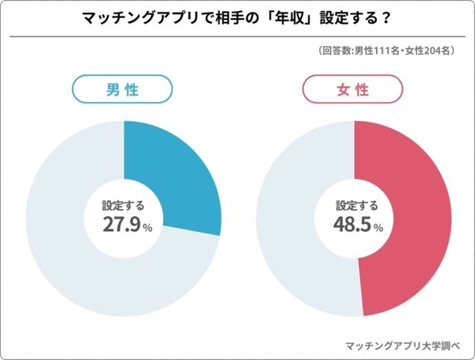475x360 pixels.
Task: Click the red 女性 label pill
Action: (x=354, y=90)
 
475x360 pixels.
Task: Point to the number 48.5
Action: (x=349, y=225)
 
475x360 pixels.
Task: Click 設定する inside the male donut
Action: (x=123, y=204)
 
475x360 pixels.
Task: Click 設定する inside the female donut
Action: (x=354, y=204)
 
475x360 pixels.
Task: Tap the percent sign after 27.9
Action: (x=148, y=228)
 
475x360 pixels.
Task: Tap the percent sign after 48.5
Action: (x=378, y=228)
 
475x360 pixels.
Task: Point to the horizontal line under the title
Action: (x=237, y=36)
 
